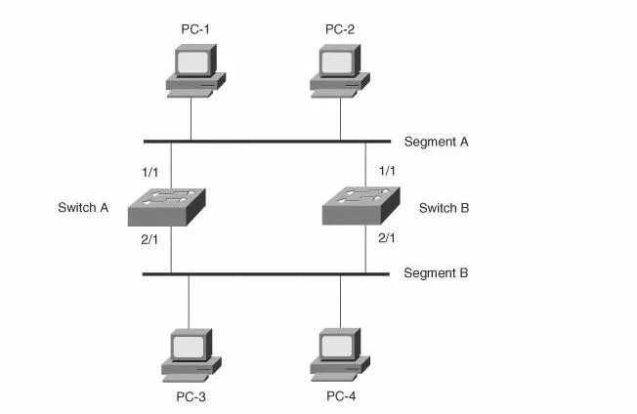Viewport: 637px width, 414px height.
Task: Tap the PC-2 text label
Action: pyautogui.click(x=340, y=29)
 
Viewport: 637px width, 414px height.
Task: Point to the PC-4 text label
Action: pyautogui.click(x=342, y=396)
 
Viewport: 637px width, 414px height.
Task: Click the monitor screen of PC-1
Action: pyautogui.click(x=192, y=62)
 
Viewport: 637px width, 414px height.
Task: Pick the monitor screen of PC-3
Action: pyautogui.click(x=189, y=346)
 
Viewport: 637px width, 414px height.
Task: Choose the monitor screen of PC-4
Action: pyautogui.click(x=338, y=346)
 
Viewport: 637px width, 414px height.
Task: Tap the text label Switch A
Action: pyautogui.click(x=83, y=208)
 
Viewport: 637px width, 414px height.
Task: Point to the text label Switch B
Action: pyautogui.click(x=445, y=208)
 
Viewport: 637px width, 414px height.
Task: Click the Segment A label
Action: pyautogui.click(x=437, y=142)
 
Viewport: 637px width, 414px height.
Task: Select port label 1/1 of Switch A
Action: pyautogui.click(x=150, y=171)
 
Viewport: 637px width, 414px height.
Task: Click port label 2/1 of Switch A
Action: pyautogui.click(x=150, y=237)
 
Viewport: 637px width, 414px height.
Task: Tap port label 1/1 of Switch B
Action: pyautogui.click(x=387, y=171)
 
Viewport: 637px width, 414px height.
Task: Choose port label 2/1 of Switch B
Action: pyautogui.click(x=387, y=237)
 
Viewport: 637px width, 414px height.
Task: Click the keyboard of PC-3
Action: pyautogui.click(x=184, y=376)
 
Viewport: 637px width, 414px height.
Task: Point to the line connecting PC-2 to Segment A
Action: pyautogui.click(x=340, y=119)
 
